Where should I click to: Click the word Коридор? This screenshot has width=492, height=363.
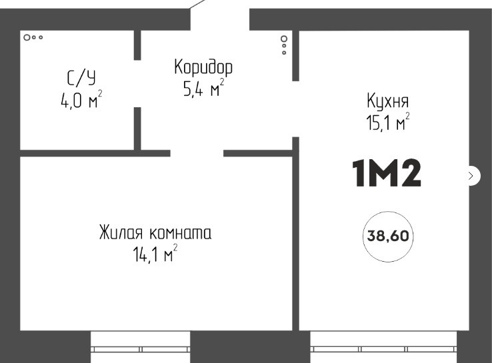coord(203,67)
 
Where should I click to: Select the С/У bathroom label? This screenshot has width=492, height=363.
coord(81,78)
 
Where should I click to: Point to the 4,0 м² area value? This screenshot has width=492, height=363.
coord(81,99)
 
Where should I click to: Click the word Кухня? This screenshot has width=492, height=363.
coord(388,101)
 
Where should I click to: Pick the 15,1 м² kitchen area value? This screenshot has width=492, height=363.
coord(388,122)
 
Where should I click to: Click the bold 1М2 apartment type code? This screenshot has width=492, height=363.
coord(387,173)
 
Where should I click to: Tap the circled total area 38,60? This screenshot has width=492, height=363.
coord(388,236)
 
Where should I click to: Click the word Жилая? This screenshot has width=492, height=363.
coord(121,232)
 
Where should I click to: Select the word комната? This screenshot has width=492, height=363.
coord(181,233)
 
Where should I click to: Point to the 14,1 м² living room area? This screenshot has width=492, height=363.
coord(155,253)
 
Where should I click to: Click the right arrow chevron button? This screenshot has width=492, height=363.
coord(471,176)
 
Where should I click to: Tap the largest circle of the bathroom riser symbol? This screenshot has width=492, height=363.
coord(27,37)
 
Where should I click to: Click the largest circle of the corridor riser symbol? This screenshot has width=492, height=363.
coord(284,39)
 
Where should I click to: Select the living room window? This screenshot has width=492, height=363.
coord(141,347)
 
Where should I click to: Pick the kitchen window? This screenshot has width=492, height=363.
coord(384,347)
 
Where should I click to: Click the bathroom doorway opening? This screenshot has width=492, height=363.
coord(137,84)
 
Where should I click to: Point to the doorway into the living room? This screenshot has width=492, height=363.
coord(197,153)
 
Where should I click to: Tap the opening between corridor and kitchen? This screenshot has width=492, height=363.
coord(295,109)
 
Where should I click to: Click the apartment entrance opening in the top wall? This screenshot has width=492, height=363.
coord(220,19)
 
